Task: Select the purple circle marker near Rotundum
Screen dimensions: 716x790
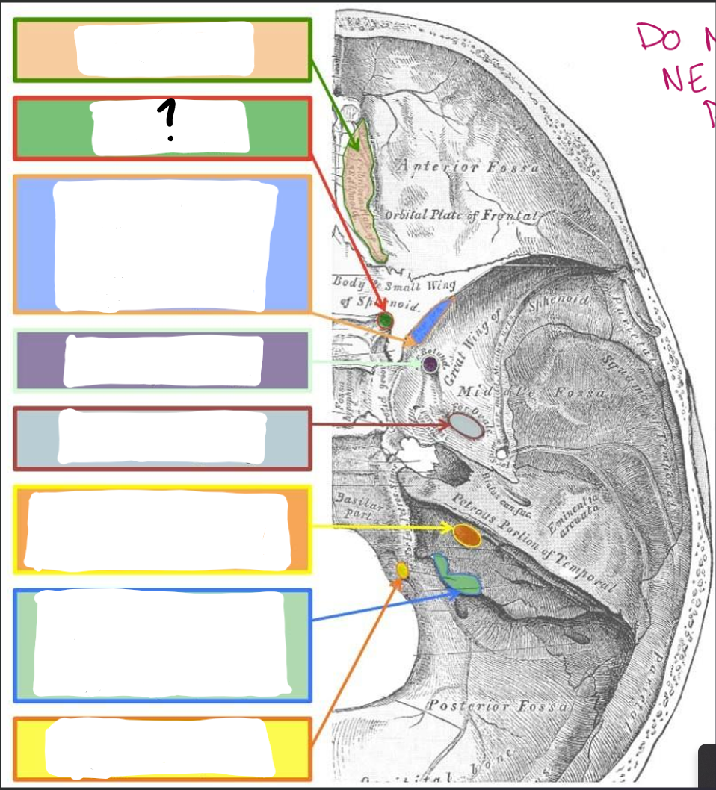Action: tap(430, 364)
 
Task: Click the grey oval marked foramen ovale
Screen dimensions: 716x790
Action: tap(466, 426)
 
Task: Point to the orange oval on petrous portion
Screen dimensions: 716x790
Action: tap(466, 535)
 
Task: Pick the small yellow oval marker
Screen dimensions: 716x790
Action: tap(402, 571)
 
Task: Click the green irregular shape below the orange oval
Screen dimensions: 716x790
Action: tap(457, 573)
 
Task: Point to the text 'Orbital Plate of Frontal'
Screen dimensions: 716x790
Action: tap(460, 216)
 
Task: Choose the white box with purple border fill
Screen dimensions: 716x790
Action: tap(163, 361)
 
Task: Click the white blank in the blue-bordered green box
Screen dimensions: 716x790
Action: tap(160, 644)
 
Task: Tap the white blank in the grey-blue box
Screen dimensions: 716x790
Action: tap(161, 437)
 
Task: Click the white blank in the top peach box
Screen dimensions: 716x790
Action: tap(165, 49)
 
